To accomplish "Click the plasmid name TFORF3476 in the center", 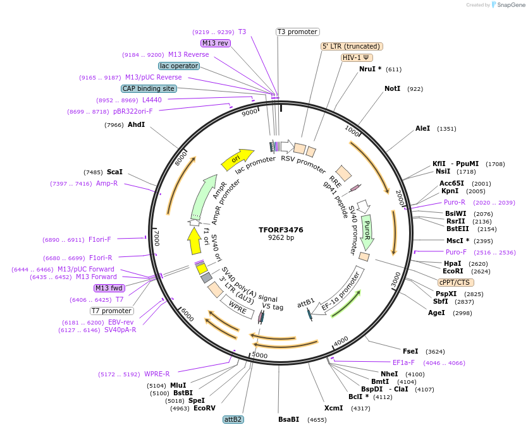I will [x=281, y=230].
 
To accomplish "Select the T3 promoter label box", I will [x=298, y=32].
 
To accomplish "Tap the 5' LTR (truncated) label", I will [x=352, y=46].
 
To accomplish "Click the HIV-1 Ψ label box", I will [x=356, y=57].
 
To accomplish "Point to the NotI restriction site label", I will [x=392, y=89].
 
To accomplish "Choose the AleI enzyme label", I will [x=422, y=129].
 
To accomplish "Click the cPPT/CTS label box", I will [x=454, y=282].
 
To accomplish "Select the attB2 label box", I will [x=233, y=419].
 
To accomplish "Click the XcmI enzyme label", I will [x=333, y=408].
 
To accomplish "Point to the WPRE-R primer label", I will [x=157, y=374].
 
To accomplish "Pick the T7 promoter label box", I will [x=112, y=311].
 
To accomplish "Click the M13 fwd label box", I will [x=109, y=288].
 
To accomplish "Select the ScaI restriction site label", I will [x=114, y=172].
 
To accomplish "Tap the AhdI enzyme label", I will [x=137, y=125].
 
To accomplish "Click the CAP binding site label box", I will [x=149, y=89].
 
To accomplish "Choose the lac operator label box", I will [x=179, y=66].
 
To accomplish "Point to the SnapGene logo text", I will [x=512, y=5].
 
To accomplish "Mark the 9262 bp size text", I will [x=281, y=238].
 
